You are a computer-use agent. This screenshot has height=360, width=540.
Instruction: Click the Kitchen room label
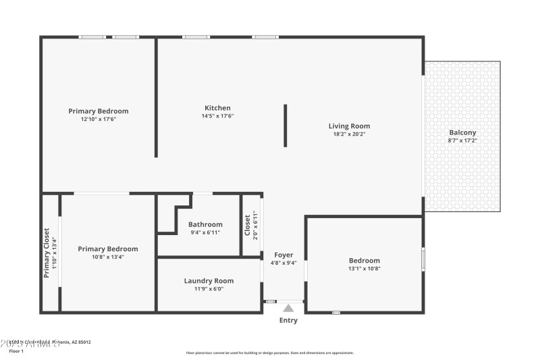tap(217, 108)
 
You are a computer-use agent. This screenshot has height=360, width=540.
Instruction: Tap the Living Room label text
tap(349, 126)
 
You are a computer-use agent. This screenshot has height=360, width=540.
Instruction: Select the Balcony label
tap(462, 132)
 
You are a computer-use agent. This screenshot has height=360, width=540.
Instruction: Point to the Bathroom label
tap(205, 224)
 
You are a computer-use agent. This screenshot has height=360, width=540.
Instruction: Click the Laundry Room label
tap(209, 281)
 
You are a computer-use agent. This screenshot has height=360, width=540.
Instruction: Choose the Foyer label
tap(283, 255)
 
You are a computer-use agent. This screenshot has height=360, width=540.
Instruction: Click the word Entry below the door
tap(288, 320)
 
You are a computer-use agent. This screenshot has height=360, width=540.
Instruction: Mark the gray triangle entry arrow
tap(288, 308)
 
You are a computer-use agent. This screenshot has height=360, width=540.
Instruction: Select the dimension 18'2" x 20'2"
tap(349, 134)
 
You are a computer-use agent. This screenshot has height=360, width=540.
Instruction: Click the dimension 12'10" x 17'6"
tap(99, 119)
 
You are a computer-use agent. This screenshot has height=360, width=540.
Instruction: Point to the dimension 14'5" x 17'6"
tap(217, 115)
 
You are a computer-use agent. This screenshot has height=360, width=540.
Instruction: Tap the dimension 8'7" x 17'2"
tap(462, 140)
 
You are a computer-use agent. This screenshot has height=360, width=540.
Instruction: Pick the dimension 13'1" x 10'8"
tap(364, 268)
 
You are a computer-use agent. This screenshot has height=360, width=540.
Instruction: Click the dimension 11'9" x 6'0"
tap(209, 288)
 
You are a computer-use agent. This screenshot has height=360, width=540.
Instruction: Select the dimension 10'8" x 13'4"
tap(107, 257)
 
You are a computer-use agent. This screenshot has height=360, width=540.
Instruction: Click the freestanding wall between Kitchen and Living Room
tap(286, 125)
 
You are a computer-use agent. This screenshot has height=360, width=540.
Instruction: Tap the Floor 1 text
tap(16, 351)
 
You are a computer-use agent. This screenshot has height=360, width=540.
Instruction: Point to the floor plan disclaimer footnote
tap(269, 353)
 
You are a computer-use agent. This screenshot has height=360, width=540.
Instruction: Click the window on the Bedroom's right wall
tap(423, 259)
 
